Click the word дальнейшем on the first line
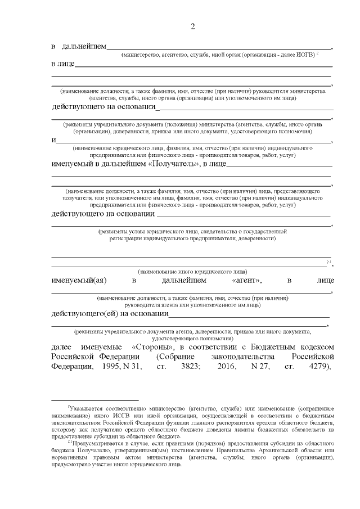(84, 47)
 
